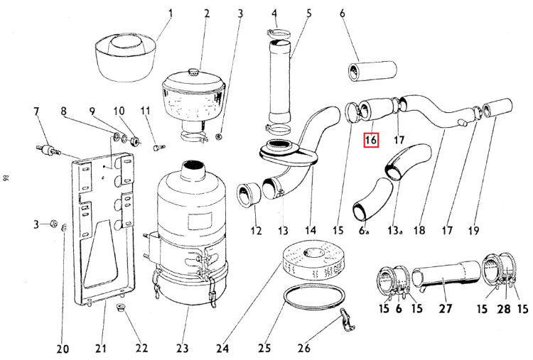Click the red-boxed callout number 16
(x=371, y=140)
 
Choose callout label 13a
(x=394, y=230)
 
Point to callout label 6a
(x=364, y=230)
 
